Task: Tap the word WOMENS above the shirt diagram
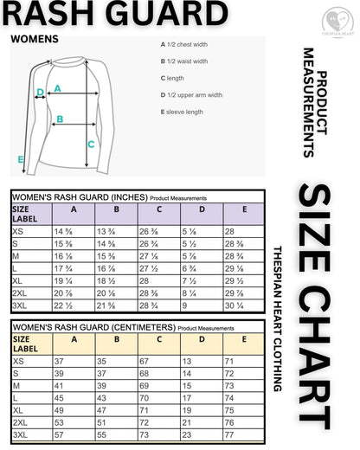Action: (x=34, y=39)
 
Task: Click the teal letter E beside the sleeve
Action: (x=21, y=159)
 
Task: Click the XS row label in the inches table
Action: (x=18, y=232)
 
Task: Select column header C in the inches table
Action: (x=158, y=209)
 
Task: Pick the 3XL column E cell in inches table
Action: (x=235, y=305)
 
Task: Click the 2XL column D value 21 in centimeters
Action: (x=187, y=421)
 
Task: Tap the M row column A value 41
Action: (x=59, y=385)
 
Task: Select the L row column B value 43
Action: (x=101, y=397)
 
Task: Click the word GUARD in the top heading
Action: (x=172, y=16)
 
